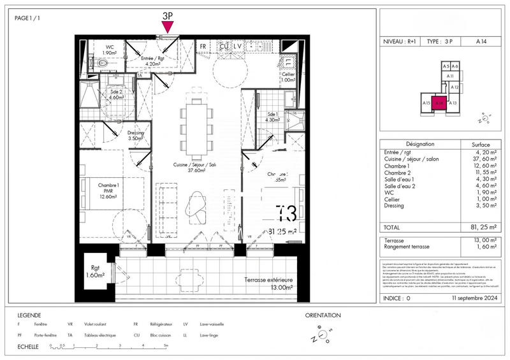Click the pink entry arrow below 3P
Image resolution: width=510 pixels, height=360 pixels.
[x=168, y=26]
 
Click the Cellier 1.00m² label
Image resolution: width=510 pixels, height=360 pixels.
[x=288, y=77]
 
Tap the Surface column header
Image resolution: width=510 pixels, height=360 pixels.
[x=480, y=144]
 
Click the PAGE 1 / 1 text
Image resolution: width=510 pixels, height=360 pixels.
[x=28, y=18]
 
